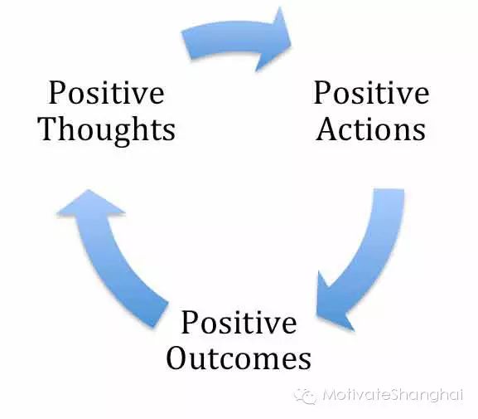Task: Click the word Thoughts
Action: [107, 130]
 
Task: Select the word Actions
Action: [370, 129]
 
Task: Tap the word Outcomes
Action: [239, 358]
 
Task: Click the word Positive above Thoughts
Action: [107, 93]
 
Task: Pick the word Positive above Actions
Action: [372, 93]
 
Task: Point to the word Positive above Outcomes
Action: [239, 322]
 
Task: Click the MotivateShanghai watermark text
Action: [393, 395]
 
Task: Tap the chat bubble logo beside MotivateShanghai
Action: [305, 397]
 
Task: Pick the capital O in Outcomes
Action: [178, 358]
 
